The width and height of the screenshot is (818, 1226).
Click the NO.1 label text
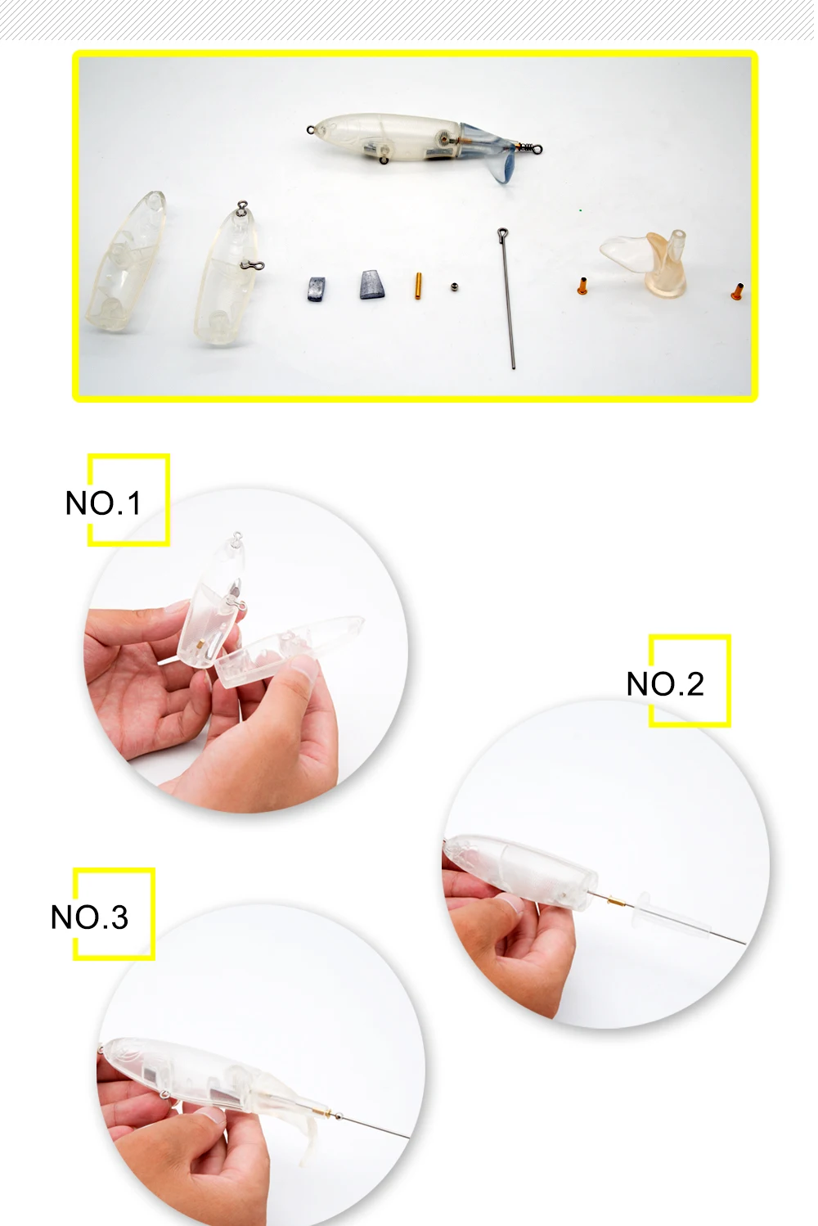click(x=103, y=503)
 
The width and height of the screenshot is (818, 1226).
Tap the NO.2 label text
click(x=665, y=683)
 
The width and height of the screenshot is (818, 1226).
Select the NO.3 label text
click(x=89, y=917)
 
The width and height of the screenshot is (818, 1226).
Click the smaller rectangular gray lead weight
click(x=316, y=289)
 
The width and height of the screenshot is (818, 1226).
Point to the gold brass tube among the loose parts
click(x=418, y=286)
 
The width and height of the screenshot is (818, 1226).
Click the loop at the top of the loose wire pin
click(x=503, y=234)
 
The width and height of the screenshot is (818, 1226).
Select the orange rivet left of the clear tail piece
click(x=582, y=286)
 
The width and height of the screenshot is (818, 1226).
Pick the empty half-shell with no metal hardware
click(x=127, y=262)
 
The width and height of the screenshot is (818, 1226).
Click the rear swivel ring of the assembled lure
click(x=537, y=148)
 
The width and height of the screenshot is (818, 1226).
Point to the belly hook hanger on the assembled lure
click(x=384, y=160)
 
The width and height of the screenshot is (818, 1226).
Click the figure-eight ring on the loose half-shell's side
click(x=252, y=266)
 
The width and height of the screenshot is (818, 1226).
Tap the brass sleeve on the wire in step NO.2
click(x=618, y=900)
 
